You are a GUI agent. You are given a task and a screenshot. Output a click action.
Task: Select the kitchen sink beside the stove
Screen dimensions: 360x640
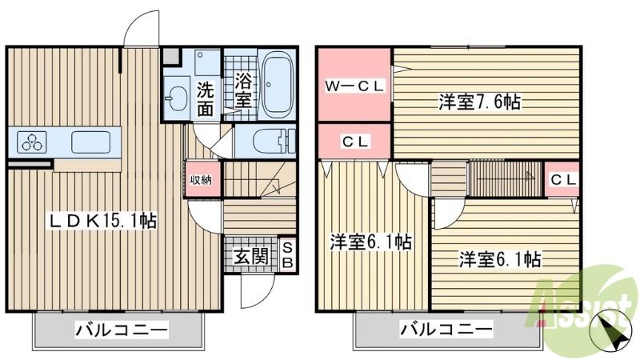89,143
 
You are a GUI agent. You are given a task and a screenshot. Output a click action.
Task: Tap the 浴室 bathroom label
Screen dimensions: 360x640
244,89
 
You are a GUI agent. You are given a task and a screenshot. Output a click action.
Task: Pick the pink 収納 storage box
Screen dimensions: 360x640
201,179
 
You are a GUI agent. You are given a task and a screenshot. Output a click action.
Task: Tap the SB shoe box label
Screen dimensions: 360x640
287,255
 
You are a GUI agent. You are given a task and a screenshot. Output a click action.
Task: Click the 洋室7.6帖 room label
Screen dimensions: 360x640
478,102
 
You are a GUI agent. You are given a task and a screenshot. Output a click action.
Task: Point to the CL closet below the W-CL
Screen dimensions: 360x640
355,142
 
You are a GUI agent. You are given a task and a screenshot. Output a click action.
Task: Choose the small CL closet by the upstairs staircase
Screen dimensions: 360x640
562,179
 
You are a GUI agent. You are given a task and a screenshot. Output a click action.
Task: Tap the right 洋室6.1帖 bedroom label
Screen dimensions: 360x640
499,259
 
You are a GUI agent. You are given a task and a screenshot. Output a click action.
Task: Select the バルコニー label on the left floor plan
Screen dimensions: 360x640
122,329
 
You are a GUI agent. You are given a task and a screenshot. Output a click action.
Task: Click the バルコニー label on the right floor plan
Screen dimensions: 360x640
446,329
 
